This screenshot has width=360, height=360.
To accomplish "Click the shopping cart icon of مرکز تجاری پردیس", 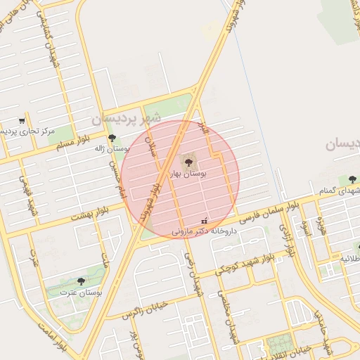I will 22,121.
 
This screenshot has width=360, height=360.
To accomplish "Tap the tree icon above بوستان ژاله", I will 112,138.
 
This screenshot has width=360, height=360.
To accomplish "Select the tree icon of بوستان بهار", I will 188,161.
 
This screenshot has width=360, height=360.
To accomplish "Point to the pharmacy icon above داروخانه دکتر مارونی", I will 204,221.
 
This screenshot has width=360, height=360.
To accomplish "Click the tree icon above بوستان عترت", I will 81,281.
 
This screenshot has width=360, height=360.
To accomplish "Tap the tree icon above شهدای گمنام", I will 352,179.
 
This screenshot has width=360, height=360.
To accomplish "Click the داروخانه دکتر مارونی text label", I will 201,230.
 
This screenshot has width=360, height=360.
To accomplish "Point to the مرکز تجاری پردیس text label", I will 49,131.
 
